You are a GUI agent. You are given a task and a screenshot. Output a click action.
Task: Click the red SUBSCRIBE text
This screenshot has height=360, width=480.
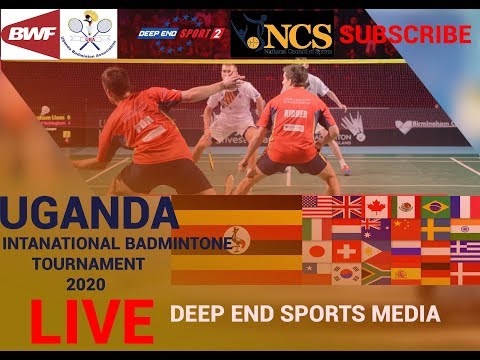[405, 34]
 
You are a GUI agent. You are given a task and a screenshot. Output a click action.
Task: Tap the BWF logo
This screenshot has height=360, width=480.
[30, 34]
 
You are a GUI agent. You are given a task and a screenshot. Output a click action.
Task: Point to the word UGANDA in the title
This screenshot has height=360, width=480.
[89, 212]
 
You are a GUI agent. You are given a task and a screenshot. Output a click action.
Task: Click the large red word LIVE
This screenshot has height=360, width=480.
[91, 320]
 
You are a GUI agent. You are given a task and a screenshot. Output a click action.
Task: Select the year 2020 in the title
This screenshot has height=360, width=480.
[88, 284]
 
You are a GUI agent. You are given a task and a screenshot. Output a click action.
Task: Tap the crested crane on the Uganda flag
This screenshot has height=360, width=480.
[236, 240]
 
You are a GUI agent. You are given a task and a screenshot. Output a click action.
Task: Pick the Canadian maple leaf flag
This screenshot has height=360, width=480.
[376, 207]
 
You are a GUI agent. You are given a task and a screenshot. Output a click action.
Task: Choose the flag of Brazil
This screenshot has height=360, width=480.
[435, 207]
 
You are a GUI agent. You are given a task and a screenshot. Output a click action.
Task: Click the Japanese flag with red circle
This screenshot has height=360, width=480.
[316, 251]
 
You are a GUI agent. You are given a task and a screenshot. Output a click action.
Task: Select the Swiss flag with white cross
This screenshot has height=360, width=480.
[346, 251]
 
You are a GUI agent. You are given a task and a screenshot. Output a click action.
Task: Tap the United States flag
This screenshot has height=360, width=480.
[317, 207]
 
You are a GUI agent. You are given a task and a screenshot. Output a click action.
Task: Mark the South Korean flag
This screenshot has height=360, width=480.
[346, 272]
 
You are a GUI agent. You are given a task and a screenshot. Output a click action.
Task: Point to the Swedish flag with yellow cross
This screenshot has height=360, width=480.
[435, 229]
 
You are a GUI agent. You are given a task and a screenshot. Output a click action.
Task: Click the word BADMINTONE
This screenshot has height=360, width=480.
[180, 243]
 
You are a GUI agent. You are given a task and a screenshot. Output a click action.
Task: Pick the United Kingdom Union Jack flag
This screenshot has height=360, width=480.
[346, 207]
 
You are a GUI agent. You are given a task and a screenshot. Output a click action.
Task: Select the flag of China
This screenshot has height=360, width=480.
[405, 229]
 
